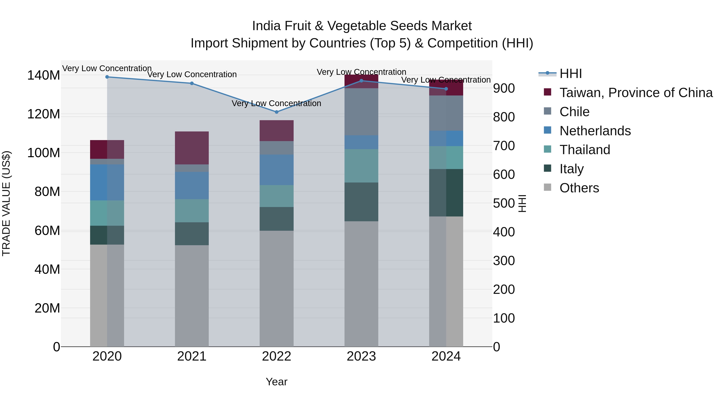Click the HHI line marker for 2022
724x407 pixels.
click(x=276, y=112)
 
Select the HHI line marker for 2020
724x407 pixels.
click(x=107, y=77)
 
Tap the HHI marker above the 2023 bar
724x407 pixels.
click(x=361, y=81)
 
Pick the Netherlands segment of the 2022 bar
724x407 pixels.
click(x=276, y=170)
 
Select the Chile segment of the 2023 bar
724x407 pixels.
click(x=361, y=112)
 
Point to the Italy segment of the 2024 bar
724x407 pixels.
click(x=446, y=193)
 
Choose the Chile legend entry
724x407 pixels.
click(x=574, y=112)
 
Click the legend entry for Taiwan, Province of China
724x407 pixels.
click(x=636, y=93)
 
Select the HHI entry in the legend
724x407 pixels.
click(x=571, y=74)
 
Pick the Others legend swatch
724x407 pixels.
click(x=547, y=187)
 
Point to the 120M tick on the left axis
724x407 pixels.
click(x=44, y=114)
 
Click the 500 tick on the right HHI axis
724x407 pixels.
click(x=504, y=203)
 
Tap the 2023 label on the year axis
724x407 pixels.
click(x=361, y=356)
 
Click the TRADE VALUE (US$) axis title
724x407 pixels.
click(x=6, y=203)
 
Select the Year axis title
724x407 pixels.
click(x=276, y=382)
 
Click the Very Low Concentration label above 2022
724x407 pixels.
click(x=276, y=103)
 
